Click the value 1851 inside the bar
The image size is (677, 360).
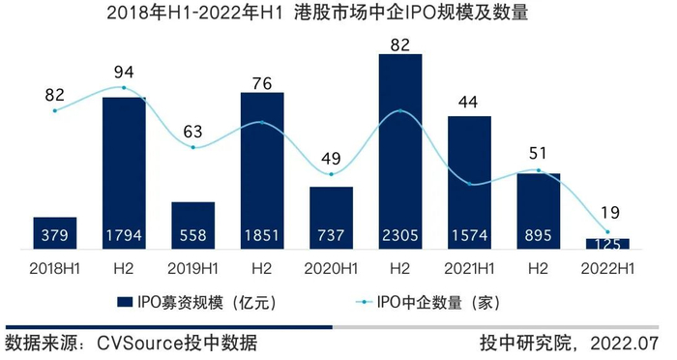(262, 235)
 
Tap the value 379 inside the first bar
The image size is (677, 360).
(55, 235)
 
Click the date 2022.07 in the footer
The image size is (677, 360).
(625, 344)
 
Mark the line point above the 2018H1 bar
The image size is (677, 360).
(55, 110)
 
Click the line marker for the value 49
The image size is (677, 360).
(332, 174)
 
